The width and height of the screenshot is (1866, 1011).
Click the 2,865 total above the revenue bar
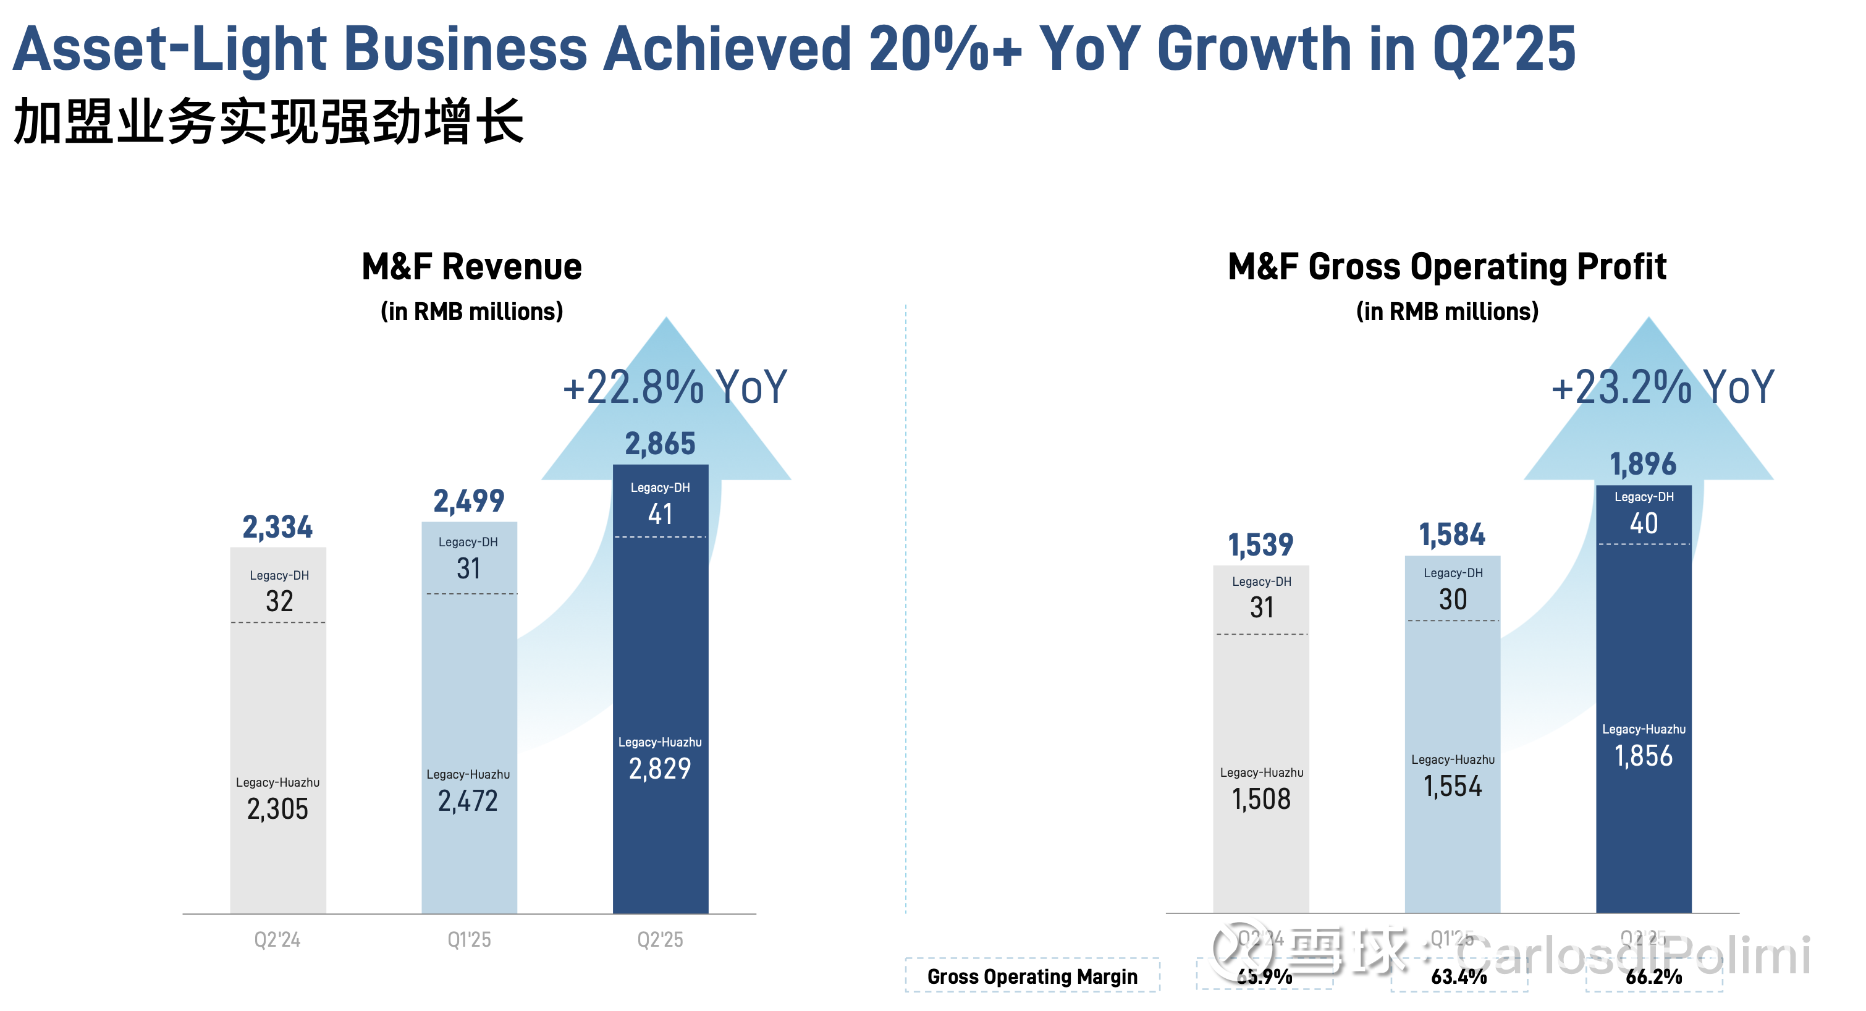[660, 444]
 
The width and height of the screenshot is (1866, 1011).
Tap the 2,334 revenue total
[277, 527]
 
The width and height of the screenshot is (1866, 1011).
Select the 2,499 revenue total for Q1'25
[469, 501]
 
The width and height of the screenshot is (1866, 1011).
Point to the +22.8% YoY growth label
[674, 387]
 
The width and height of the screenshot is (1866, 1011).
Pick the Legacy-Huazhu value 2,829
[660, 769]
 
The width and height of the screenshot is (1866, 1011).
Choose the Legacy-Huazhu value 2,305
[277, 809]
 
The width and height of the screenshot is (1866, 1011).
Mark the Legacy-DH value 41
[660, 514]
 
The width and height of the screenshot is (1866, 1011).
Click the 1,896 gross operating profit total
[1643, 464]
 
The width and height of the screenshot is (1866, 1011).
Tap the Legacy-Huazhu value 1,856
[1644, 756]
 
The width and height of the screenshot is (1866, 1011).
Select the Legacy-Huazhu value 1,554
[1453, 786]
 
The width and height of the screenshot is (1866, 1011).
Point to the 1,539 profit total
[1260, 545]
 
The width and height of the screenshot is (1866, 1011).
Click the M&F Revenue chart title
[471, 267]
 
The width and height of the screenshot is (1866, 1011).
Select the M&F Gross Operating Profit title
[1446, 267]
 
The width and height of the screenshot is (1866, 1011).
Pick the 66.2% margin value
[1653, 976]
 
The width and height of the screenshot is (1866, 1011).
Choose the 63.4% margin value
[1459, 976]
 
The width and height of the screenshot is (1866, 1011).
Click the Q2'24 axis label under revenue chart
[277, 940]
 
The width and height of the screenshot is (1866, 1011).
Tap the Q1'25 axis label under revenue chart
[469, 940]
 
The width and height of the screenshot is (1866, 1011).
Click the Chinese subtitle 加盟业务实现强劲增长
[268, 122]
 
